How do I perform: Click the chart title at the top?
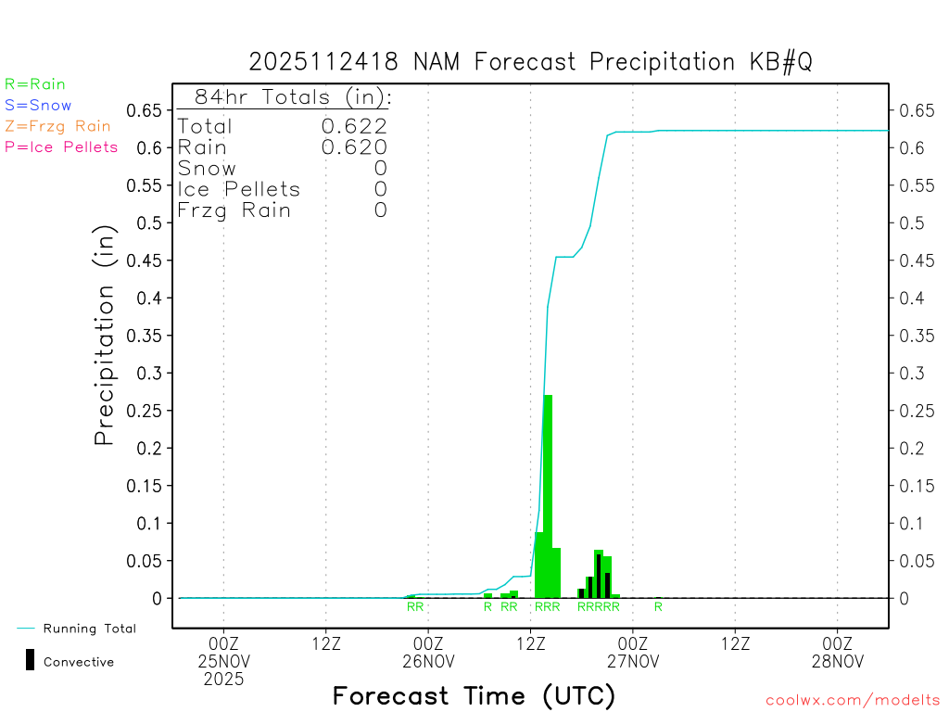tap(530, 62)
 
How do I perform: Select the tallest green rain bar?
tap(548, 496)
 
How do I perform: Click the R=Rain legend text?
tap(35, 84)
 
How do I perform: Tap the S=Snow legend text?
tap(38, 106)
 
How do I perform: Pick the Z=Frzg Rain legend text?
tap(57, 126)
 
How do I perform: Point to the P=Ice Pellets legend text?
tap(61, 146)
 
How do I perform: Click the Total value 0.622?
tap(354, 126)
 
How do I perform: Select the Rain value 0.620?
tap(354, 146)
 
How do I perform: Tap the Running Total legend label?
tap(89, 629)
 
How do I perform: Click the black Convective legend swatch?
tap(31, 660)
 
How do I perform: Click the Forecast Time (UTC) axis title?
tap(474, 695)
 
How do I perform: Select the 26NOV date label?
tap(428, 662)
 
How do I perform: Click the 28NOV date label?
tap(837, 662)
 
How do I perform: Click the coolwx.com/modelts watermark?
tap(854, 701)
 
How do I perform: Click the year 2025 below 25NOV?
tap(224, 680)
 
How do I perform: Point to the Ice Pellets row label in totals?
tap(239, 189)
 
